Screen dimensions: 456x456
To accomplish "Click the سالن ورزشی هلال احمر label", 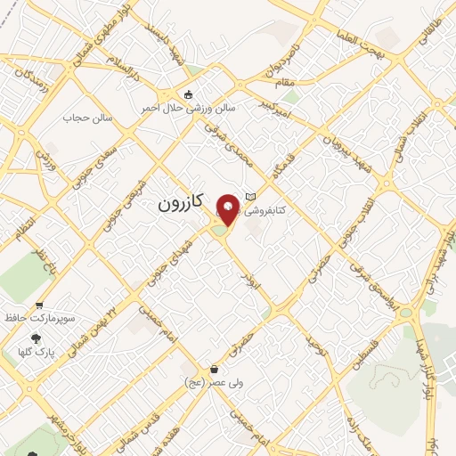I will coord(187,108).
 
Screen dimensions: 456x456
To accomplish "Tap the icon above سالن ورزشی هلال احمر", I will coord(187,94).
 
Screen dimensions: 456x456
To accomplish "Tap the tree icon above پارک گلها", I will coord(37,338).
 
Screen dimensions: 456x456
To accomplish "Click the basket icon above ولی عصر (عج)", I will coord(215,369).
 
